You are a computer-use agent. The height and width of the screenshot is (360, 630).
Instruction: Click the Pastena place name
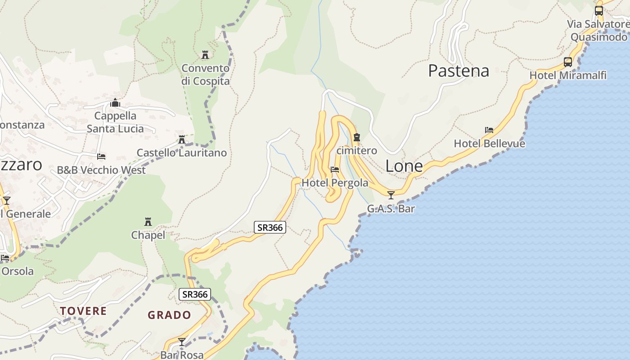click(x=458, y=71)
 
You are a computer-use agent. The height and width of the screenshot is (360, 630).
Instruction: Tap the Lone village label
click(x=404, y=166)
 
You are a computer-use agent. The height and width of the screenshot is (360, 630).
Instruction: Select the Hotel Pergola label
click(x=334, y=183)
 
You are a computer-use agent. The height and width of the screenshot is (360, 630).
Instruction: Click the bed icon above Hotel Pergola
click(x=335, y=170)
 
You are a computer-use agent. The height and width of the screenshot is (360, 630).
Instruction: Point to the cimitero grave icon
click(x=357, y=137)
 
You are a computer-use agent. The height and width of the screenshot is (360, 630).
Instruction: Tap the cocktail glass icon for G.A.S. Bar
click(x=391, y=195)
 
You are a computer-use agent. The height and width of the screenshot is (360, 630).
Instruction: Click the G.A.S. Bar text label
click(x=391, y=209)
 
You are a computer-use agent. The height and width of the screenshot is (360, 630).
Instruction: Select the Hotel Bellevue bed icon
click(x=489, y=130)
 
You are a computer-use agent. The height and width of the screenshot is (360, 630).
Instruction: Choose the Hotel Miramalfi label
click(x=568, y=75)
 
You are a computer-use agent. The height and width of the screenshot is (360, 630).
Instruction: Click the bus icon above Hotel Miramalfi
click(x=568, y=62)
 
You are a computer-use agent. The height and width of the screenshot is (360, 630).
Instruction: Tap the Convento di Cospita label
click(x=205, y=75)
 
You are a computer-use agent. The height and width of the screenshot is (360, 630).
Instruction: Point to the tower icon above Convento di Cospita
click(x=205, y=55)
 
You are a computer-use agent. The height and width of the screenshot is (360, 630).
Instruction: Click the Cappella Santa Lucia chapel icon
click(x=115, y=103)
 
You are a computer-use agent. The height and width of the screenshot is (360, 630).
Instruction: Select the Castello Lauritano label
click(x=181, y=153)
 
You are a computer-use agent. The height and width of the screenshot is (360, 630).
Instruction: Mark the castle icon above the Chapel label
click(x=148, y=221)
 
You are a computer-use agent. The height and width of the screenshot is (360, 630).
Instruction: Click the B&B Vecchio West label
click(x=101, y=170)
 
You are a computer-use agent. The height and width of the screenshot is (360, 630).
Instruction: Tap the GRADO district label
click(x=170, y=315)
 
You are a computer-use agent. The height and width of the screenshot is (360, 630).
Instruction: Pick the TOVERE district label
click(x=83, y=311)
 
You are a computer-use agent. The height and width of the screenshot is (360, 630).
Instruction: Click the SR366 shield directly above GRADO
click(x=195, y=294)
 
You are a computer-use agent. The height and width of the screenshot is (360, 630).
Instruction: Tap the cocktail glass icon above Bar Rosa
click(x=182, y=342)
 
